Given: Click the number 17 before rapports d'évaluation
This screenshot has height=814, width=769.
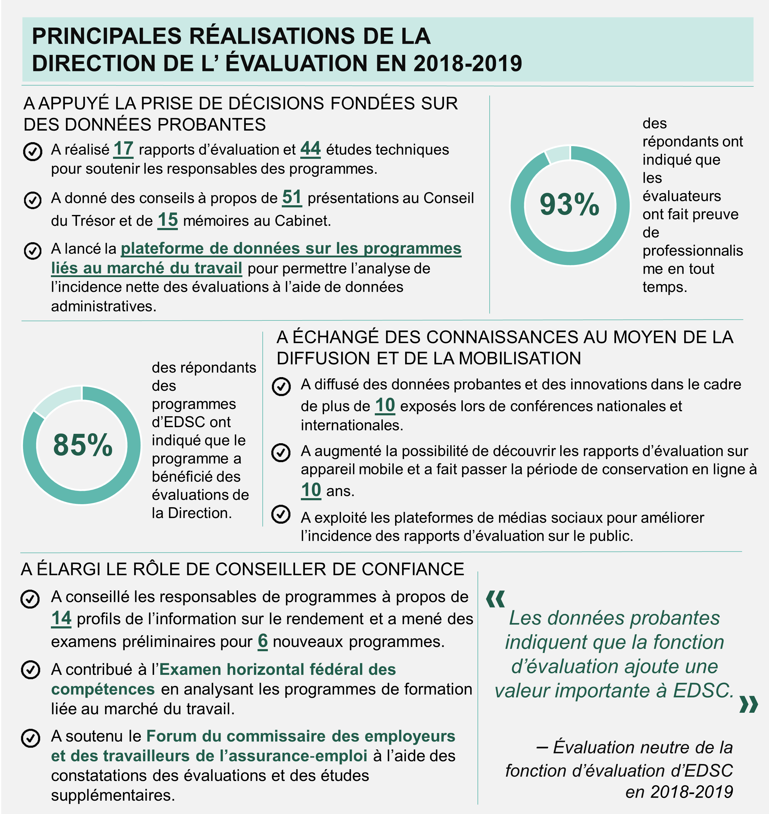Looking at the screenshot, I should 123,149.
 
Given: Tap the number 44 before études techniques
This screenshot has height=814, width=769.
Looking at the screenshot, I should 310,149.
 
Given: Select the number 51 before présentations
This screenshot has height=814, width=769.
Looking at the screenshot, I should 292,197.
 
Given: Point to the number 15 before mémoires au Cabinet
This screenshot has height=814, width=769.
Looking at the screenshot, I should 168,220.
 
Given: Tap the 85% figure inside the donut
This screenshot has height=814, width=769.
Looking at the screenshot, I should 82,445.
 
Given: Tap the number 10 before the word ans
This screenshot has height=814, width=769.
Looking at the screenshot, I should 311,490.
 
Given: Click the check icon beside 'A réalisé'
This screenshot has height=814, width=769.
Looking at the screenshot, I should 33,151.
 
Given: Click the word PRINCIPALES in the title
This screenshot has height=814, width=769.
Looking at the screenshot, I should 107,36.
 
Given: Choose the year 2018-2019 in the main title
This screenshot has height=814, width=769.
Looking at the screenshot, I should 467,64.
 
